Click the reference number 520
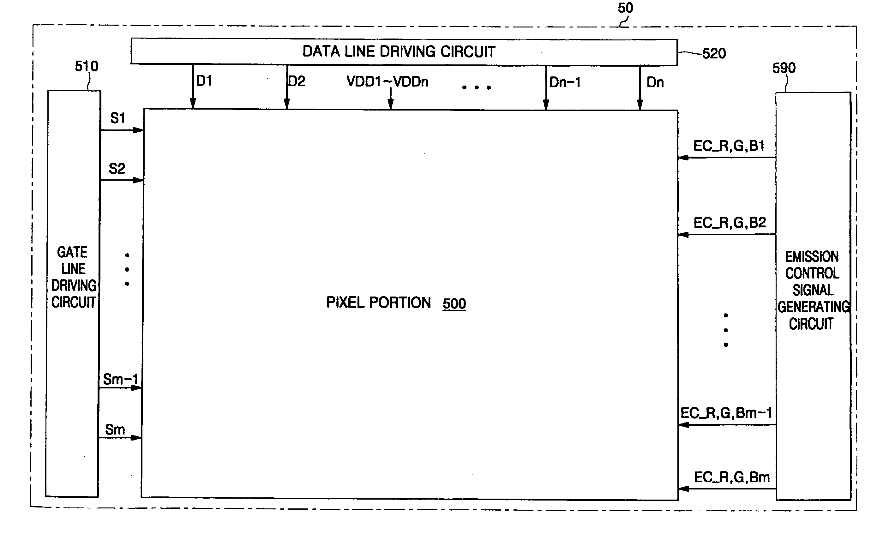(714, 54)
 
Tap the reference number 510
(87, 66)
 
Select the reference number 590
(784, 68)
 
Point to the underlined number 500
(454, 303)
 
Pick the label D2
(297, 81)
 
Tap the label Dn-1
(565, 82)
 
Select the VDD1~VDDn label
(387, 82)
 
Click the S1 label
(117, 118)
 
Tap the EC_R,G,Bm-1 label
(726, 413)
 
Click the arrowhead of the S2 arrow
(139, 180)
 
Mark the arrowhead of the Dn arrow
(640, 105)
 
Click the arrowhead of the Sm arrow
(136, 438)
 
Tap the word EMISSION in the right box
(812, 257)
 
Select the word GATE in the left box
(72, 252)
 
